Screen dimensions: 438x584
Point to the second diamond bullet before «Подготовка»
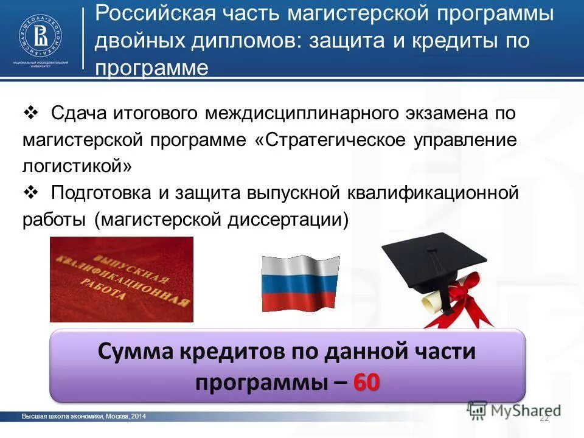(x=30, y=192)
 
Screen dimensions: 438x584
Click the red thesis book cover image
(x=121, y=279)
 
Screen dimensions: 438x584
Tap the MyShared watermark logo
(x=514, y=410)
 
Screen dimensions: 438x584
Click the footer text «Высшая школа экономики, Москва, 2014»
(x=83, y=416)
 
